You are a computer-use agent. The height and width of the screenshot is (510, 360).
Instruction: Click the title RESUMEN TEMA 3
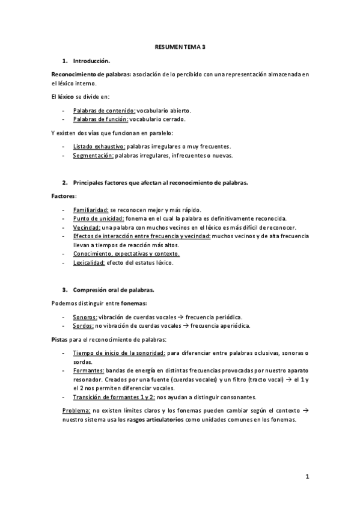(180, 46)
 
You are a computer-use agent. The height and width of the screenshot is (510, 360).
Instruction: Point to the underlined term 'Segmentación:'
(93, 155)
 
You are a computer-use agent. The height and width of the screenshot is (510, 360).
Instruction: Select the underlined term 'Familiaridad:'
(90, 209)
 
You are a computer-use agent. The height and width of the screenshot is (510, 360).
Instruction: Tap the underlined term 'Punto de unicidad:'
(98, 218)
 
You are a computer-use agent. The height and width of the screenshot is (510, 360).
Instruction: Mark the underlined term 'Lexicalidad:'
(90, 263)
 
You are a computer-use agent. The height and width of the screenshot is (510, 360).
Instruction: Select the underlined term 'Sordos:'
(83, 326)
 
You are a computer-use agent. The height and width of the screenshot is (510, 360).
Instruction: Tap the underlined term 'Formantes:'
(88, 371)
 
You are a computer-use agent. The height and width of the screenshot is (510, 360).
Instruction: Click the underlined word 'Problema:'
(76, 410)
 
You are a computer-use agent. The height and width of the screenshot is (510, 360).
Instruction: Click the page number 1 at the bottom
(307, 477)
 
